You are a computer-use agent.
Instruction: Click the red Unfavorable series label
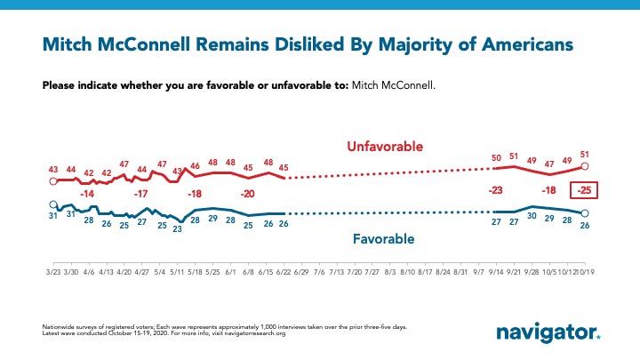384,146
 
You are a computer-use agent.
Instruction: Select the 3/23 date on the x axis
53,270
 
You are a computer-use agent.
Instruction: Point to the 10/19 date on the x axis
586,270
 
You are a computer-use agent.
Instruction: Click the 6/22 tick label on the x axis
283,270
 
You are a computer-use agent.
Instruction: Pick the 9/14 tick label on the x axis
496,270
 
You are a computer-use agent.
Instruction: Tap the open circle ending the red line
585,166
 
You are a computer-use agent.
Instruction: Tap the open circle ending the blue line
584,213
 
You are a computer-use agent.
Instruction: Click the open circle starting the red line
53,180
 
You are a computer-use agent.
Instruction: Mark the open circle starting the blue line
53,204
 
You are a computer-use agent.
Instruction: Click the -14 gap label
87,193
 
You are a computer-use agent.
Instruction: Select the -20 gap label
247,193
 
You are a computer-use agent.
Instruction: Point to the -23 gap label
496,189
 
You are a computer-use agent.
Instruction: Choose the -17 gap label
140,193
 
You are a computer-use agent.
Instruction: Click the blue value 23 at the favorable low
177,228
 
